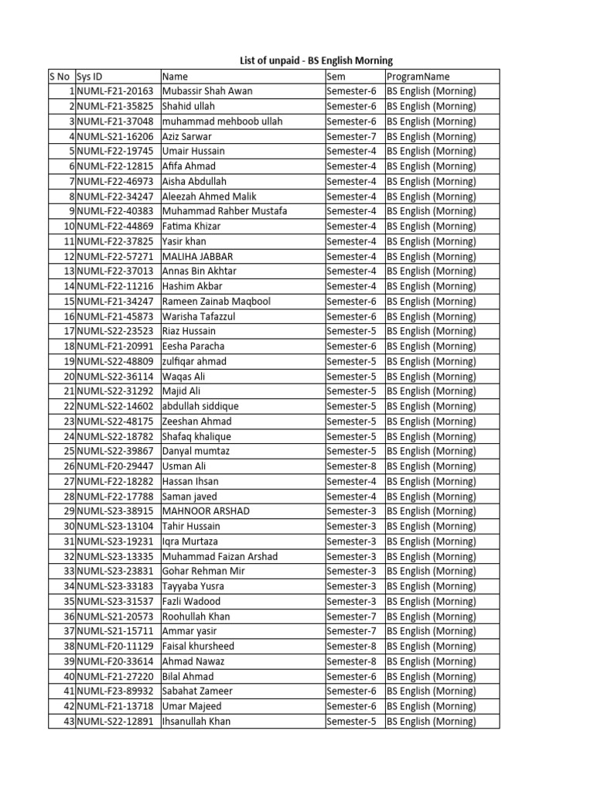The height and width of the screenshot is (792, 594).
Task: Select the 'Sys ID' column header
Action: [90, 77]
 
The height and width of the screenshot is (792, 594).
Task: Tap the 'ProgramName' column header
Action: [418, 77]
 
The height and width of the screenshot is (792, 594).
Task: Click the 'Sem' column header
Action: [336, 77]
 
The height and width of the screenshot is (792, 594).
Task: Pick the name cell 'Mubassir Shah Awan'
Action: [207, 91]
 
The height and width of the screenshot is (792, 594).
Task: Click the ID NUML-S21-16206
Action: [115, 136]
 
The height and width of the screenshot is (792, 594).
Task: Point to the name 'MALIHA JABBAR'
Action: [197, 256]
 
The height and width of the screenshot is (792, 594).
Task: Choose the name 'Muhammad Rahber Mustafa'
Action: [224, 211]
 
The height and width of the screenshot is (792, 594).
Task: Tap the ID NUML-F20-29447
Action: [115, 466]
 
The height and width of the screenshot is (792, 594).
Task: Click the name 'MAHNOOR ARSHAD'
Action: [206, 511]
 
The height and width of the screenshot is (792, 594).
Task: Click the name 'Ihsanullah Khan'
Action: [196, 722]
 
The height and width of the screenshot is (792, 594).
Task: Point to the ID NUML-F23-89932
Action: [115, 691]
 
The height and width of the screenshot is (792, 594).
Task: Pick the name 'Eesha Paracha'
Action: [193, 346]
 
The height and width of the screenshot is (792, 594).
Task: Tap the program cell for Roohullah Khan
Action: [432, 616]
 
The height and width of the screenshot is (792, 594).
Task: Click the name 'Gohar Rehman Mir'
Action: [203, 572]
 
